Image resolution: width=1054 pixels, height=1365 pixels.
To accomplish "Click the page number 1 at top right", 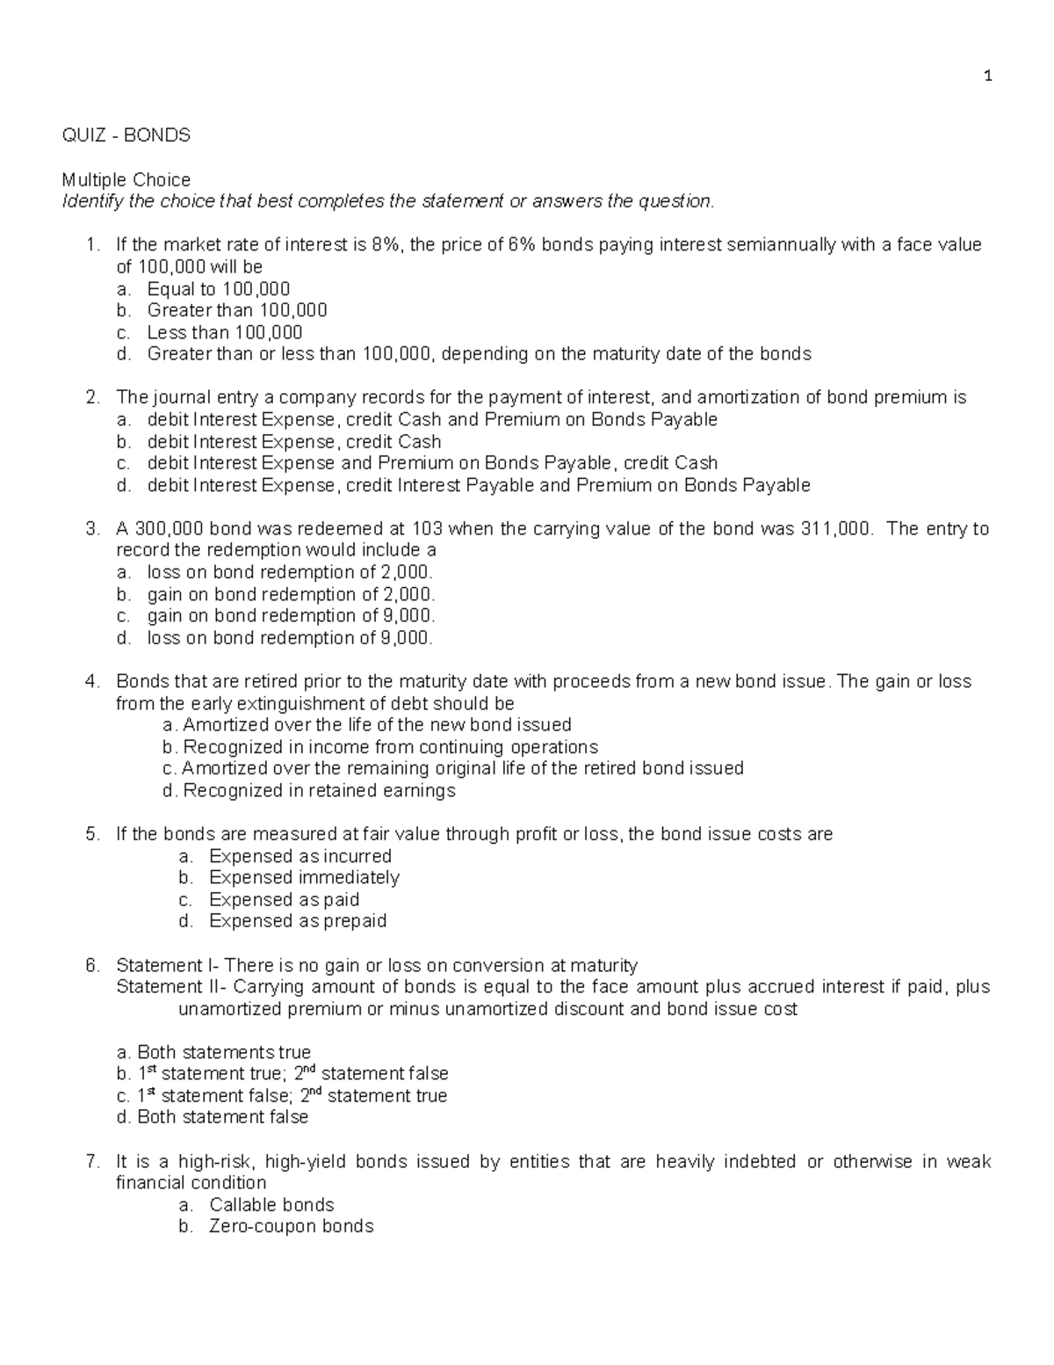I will coord(988,76).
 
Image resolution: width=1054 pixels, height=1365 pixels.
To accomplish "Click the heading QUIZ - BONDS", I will coord(126,135).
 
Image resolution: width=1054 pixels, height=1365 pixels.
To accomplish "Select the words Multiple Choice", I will coord(126,179).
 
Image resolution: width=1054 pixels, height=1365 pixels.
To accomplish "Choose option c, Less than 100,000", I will coord(224,332).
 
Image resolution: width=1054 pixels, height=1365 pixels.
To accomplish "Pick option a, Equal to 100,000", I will coord(218,289).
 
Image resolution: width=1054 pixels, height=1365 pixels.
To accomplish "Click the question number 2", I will coord(92,397).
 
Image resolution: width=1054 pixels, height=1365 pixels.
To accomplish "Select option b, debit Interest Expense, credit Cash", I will coord(293,441).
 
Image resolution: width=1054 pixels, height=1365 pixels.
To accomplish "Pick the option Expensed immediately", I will coord(304,877).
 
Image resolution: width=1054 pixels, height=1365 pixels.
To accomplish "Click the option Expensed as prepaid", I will coord(298,921).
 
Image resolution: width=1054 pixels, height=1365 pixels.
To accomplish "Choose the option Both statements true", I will coord(223,1052).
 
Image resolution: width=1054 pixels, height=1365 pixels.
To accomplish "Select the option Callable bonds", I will coord(271,1205).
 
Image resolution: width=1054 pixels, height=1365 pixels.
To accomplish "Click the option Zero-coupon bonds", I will coord(291,1226).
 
